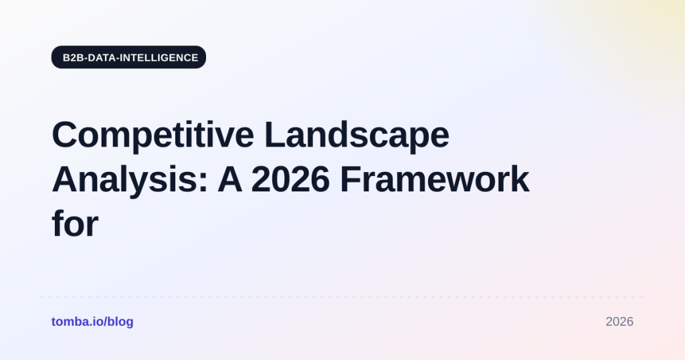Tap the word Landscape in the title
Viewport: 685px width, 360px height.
click(x=357, y=134)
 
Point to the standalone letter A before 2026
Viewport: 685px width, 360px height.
click(x=230, y=179)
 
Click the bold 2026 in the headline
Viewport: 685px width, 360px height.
click(x=290, y=179)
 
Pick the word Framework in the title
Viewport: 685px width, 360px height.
click(x=435, y=179)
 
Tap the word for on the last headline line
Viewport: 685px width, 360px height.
click(x=75, y=223)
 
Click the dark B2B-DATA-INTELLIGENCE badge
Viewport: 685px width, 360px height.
click(x=128, y=58)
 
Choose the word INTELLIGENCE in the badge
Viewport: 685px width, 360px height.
click(x=159, y=58)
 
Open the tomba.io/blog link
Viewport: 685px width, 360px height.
click(x=92, y=322)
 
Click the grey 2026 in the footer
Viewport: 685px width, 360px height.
click(x=619, y=322)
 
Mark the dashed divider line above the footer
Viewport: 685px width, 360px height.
click(x=342, y=297)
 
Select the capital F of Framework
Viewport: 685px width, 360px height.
click(x=351, y=179)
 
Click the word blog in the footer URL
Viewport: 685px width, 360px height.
click(x=120, y=322)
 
